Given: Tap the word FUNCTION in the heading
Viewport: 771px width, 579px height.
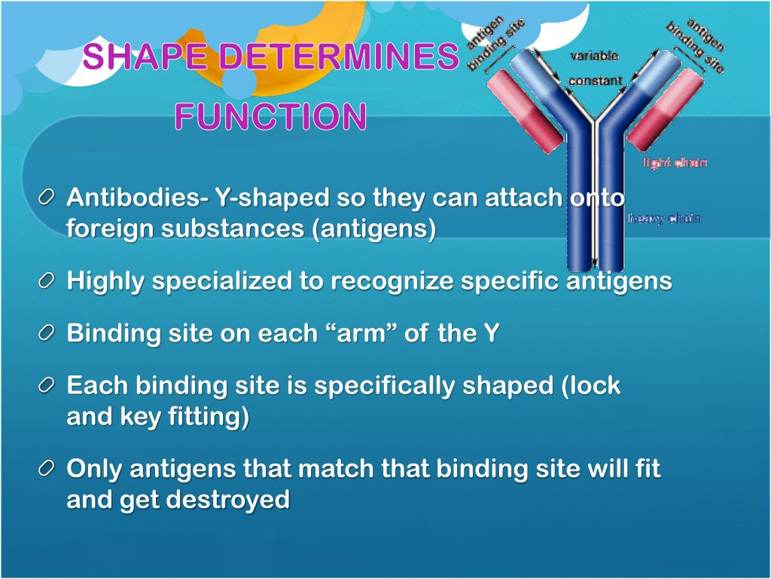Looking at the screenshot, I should coord(271,117).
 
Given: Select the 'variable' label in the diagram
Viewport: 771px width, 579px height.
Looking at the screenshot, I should coord(594,56).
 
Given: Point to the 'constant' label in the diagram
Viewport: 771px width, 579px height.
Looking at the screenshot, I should coord(595,81).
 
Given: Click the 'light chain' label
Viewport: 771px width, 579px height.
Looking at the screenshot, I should coord(675,162).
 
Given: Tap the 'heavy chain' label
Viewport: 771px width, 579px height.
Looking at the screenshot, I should coord(664,219).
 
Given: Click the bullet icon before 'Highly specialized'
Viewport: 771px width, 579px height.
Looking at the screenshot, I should coord(47,281).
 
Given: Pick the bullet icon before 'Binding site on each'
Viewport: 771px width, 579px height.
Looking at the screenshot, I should coord(47,333).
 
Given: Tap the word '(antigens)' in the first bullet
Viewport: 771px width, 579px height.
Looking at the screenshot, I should coord(374,228).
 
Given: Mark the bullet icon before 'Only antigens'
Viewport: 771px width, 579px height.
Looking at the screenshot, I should coord(47,469).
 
